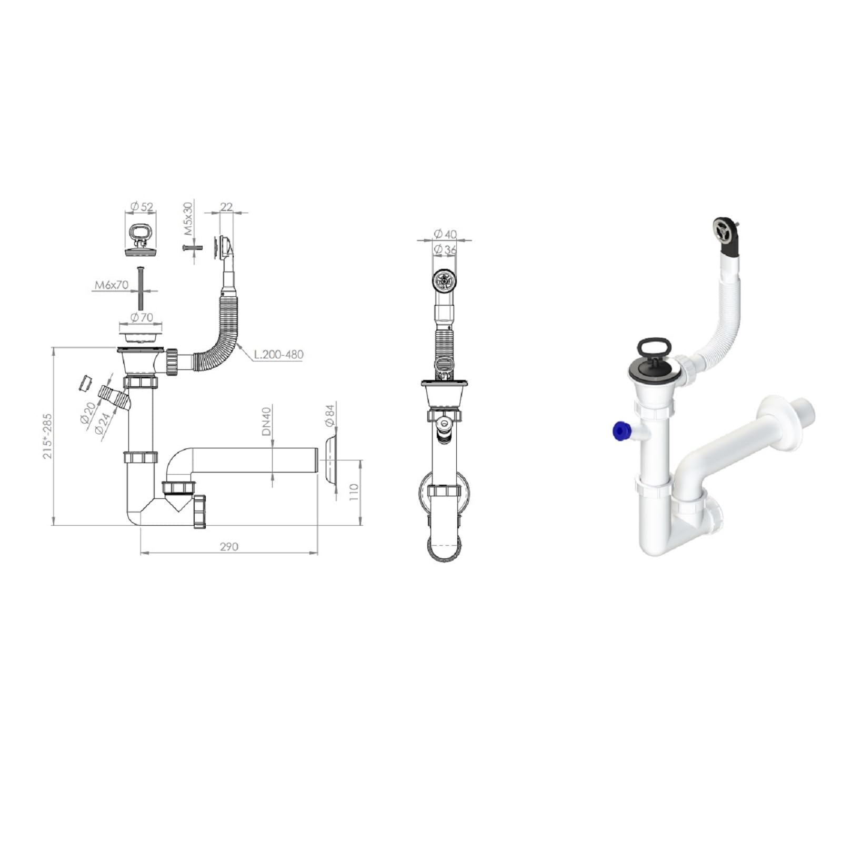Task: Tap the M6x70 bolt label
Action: click(x=112, y=285)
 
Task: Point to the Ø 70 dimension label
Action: click(x=141, y=317)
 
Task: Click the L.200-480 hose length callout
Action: click(x=278, y=354)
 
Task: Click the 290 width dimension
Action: click(x=229, y=547)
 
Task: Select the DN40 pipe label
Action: click(x=266, y=422)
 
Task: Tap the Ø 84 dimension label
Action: click(x=330, y=416)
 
